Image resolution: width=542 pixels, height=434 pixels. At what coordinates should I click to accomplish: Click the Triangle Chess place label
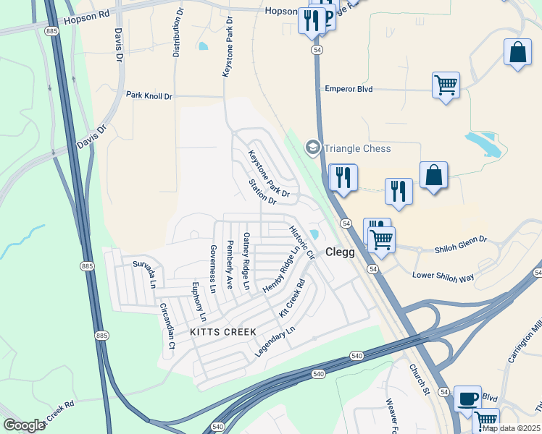[x=357, y=148]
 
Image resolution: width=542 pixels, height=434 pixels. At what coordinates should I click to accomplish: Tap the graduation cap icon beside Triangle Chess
[x=313, y=148]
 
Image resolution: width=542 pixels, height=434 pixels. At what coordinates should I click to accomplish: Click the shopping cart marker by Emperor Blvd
[x=446, y=85]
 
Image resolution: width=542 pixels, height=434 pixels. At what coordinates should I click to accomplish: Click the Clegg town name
[x=340, y=252]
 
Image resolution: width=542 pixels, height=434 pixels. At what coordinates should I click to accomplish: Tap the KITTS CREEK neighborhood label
[x=223, y=331]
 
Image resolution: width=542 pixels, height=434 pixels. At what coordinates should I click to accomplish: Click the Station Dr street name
[x=262, y=192]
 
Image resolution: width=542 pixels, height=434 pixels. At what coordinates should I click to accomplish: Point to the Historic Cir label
[x=302, y=242]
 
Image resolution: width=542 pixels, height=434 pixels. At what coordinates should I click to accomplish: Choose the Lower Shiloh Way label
[x=443, y=276]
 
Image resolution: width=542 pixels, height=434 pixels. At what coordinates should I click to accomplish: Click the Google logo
[x=24, y=425]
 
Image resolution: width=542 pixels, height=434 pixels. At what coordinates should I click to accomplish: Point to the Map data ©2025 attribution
[x=511, y=428]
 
